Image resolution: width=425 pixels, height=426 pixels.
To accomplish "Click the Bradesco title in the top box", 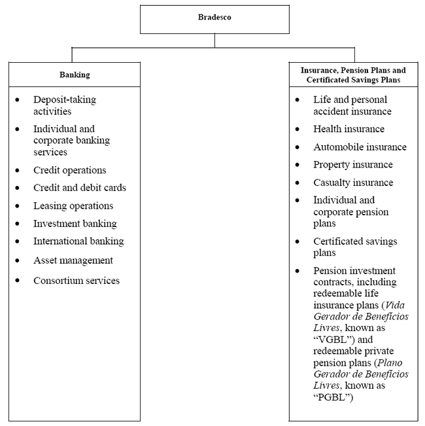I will pos(214,18).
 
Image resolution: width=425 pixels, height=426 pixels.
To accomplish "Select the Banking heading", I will pos(75,75).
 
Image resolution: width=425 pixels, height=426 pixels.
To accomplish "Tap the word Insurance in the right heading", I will pos(320,69).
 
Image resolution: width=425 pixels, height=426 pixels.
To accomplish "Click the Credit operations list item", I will pos(69,170).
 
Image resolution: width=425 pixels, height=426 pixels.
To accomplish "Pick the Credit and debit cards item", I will pos(80,188).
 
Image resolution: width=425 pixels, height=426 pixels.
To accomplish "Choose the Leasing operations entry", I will pos(73,205).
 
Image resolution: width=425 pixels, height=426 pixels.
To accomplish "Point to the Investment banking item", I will pos(75,223).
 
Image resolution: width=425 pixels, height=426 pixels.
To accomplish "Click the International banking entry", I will pos(78,241).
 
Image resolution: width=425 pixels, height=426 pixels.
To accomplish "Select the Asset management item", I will pos(73,260).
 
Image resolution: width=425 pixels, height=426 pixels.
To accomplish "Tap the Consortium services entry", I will pos(76,281).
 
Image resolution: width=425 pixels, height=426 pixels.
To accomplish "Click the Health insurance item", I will pos(348,129).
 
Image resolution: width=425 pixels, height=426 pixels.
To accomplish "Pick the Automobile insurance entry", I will pos(360,147).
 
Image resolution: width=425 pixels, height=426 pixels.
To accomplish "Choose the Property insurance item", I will pos(353,165).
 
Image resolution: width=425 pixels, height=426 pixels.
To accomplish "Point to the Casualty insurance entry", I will pos(353,183).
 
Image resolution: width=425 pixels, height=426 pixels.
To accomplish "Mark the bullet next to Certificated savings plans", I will pos(297,241).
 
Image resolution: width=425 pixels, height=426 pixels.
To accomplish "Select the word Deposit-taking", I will pos(65,99).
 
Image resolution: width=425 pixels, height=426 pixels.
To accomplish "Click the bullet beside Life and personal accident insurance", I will pos(297,100).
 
